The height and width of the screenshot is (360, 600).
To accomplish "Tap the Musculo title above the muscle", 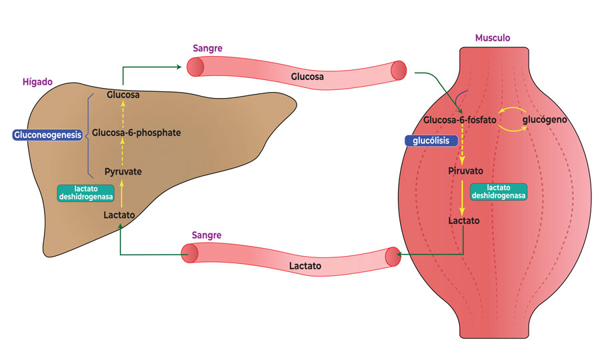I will tap(492, 38).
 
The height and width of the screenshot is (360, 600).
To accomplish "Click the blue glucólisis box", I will tap(431, 141).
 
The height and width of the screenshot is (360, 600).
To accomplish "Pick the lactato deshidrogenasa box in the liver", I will tap(86, 193).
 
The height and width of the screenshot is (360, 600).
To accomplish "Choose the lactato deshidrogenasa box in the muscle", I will tap(499, 192).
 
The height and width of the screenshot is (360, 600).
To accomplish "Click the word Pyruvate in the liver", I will tap(123, 171).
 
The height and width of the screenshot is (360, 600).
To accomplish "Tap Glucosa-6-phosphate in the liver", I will tap(136, 133).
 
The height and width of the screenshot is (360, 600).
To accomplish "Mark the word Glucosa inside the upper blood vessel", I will tap(307, 77).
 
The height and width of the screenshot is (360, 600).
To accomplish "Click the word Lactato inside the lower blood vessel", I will tap(305, 265).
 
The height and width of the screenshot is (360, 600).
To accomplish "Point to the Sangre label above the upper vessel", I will tap(207, 48).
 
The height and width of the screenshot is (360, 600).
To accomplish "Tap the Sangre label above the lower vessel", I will tap(206, 235).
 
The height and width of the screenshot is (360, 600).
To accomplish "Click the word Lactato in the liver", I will tap(120, 215).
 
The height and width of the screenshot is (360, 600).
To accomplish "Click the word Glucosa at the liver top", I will tap(123, 95).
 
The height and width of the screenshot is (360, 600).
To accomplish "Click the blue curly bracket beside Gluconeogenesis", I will tap(88, 135).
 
